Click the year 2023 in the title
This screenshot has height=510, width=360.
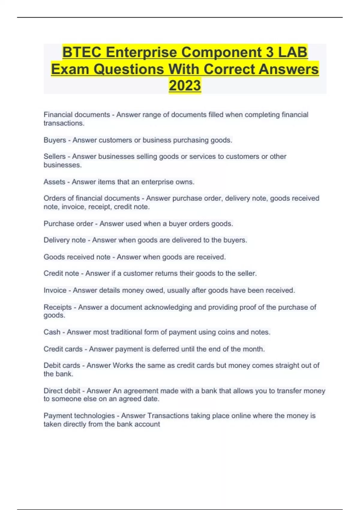tap(185, 85)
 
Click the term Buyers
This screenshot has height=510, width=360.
tap(55, 140)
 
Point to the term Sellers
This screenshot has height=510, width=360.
tap(54, 157)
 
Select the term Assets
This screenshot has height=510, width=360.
tap(54, 182)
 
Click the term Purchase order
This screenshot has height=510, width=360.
tap(68, 224)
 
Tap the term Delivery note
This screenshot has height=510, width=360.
tap(64, 240)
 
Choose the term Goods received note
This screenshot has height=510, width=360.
tap(77, 257)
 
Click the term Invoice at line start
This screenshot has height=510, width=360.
tap(55, 290)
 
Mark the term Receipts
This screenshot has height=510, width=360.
tap(58, 307)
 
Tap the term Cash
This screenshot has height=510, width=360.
tap(52, 332)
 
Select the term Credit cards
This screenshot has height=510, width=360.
tap(63, 349)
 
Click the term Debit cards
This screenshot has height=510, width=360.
tap(62, 365)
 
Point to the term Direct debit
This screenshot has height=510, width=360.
tap(62, 391)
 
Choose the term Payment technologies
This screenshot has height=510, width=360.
tap(79, 416)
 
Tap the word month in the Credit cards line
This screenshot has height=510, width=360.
tap(253, 349)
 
